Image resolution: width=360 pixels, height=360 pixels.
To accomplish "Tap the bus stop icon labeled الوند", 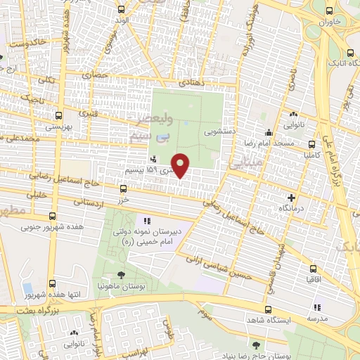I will pyautogui.click(x=122, y=10).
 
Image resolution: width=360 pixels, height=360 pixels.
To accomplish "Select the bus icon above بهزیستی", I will pyautogui.click(x=58, y=116).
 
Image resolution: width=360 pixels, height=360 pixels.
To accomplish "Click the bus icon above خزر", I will pyautogui.click(x=124, y=188).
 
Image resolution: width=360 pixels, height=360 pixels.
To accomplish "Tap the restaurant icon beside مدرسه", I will pyautogui.click(x=318, y=306).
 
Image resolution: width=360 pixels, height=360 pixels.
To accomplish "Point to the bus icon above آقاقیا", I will pyautogui.click(x=314, y=268).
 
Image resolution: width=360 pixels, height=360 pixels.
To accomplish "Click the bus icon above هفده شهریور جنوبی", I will pyautogui.click(x=52, y=217).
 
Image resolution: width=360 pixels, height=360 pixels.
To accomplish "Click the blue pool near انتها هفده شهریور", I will pyautogui.click(x=28, y=289).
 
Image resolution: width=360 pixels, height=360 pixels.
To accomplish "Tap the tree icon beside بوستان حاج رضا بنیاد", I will pyautogui.click(x=256, y=345).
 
